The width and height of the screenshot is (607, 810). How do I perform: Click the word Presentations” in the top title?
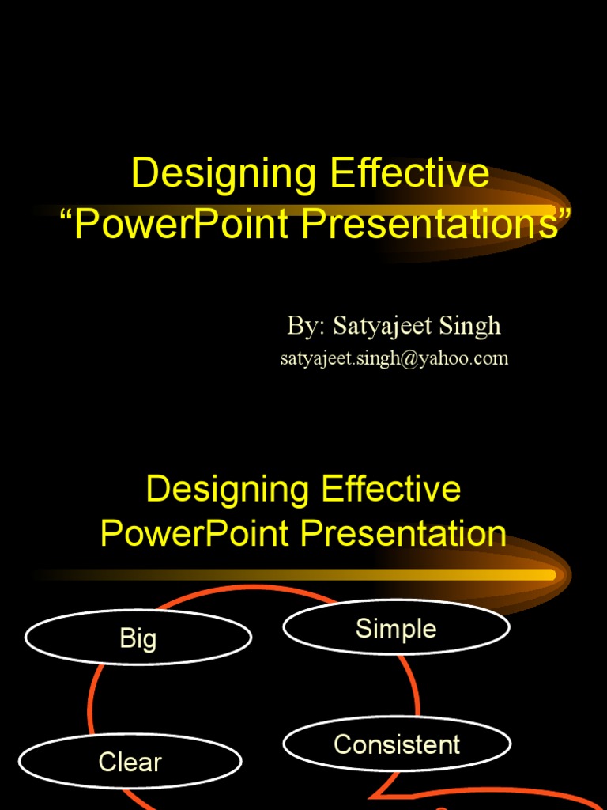434,225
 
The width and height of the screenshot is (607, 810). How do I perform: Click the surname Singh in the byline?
472,325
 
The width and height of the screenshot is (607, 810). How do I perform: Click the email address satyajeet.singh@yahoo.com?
394,358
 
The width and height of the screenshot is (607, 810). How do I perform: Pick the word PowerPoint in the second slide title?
194,534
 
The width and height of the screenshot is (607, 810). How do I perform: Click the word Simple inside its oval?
396,629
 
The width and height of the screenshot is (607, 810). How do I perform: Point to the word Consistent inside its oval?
397,744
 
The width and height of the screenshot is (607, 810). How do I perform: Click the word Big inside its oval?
138,638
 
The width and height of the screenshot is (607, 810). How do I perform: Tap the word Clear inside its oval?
130,763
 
